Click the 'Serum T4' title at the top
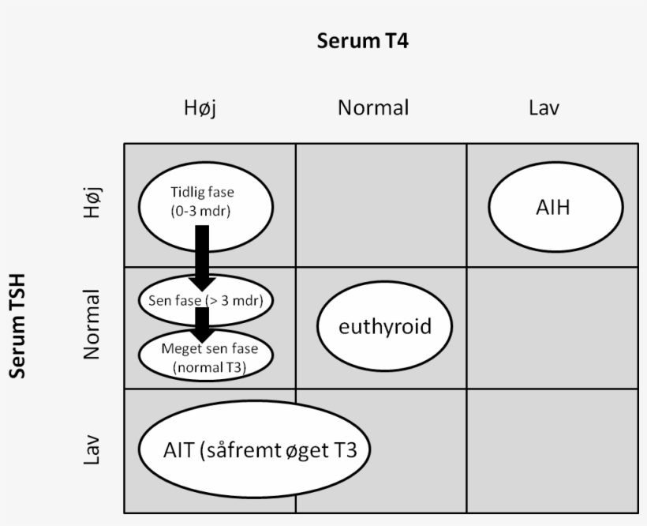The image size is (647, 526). click(x=362, y=41)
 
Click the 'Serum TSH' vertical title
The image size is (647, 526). click(x=17, y=325)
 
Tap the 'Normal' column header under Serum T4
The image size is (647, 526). click(x=373, y=108)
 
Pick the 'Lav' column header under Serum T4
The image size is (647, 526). click(x=544, y=108)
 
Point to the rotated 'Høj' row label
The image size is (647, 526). click(x=93, y=203)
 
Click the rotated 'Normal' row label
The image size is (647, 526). click(x=93, y=325)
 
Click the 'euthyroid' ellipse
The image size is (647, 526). click(x=385, y=326)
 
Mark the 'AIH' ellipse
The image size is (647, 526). click(x=552, y=208)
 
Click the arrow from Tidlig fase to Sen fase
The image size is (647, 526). click(x=202, y=253)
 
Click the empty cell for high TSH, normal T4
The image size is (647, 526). click(x=381, y=205)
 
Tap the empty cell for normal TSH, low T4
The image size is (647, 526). click(x=552, y=327)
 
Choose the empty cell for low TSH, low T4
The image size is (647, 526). click(x=552, y=450)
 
